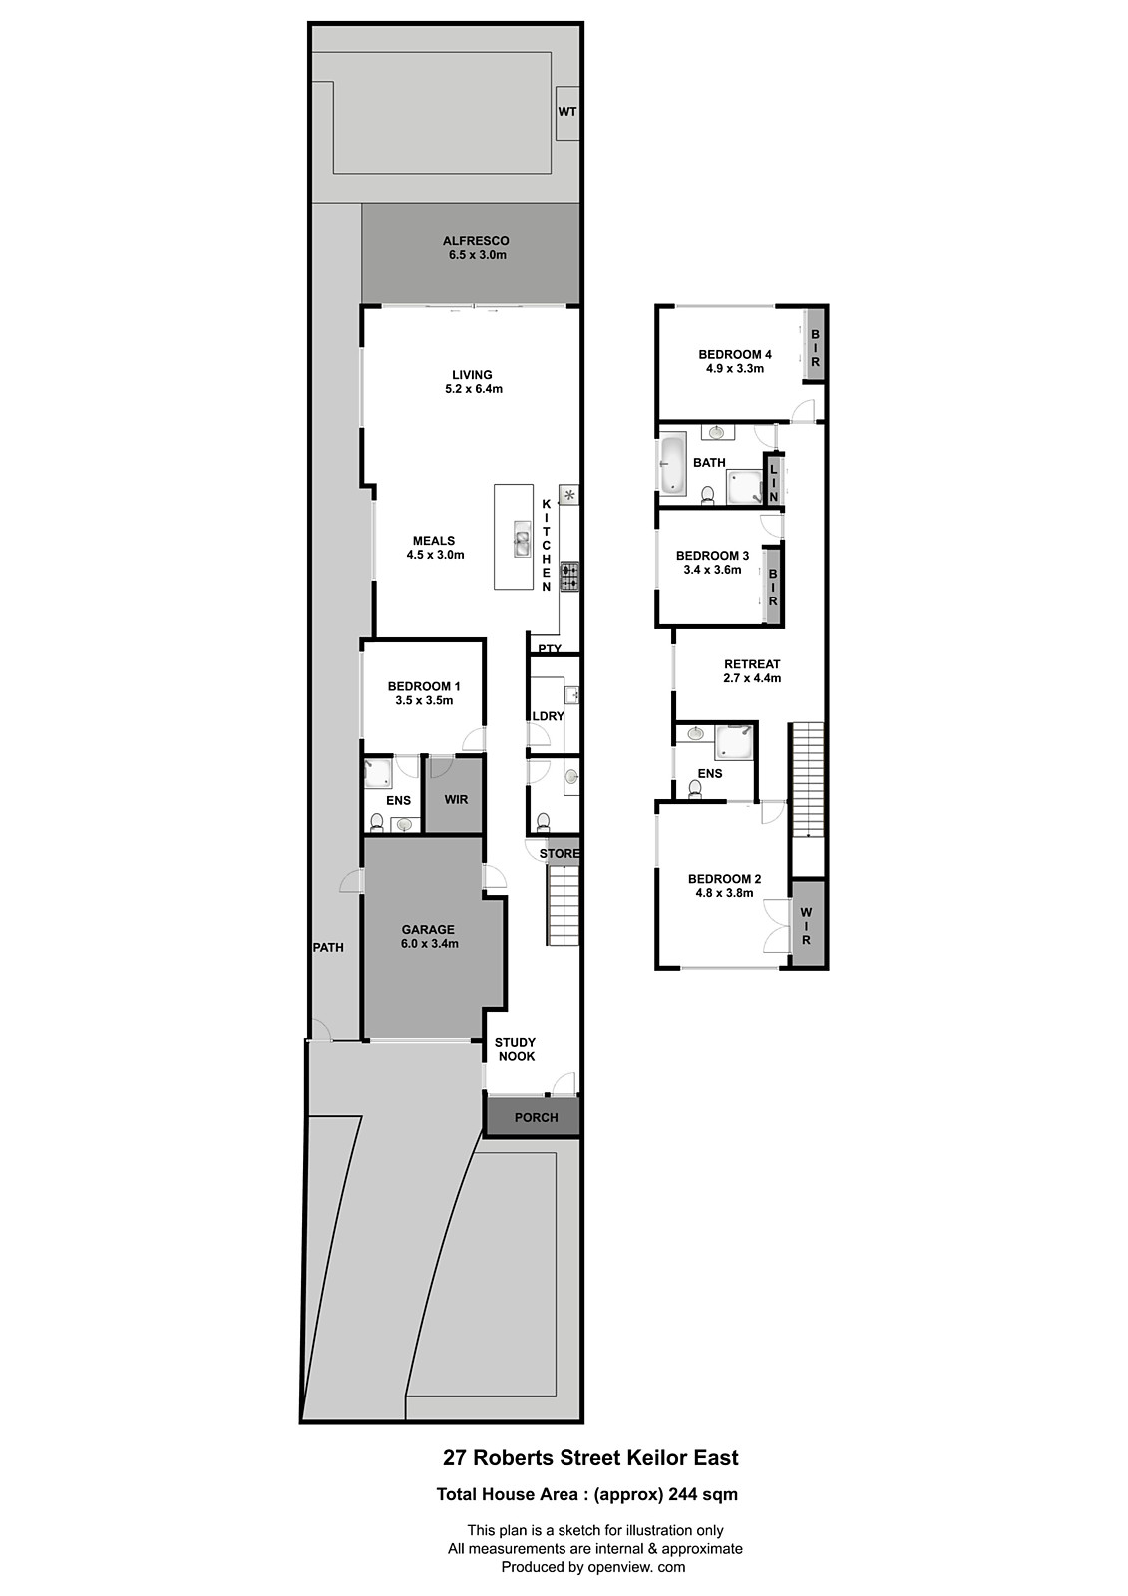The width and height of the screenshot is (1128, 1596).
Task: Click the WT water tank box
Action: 567,113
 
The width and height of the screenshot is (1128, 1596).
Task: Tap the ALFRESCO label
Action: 476,241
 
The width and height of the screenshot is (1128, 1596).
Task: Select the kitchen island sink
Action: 522,539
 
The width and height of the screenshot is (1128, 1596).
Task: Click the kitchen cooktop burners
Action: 569,577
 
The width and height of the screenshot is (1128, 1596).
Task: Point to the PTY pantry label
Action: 550,649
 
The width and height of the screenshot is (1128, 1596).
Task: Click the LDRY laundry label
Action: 548,716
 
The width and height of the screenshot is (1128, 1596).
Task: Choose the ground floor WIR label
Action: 456,799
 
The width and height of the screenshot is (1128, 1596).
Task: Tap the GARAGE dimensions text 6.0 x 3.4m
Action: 429,944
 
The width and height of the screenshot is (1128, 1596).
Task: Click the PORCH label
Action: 536,1118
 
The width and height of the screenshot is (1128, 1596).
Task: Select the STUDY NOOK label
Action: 516,1049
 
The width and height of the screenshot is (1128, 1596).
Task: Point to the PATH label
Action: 328,947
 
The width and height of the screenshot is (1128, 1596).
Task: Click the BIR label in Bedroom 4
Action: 815,348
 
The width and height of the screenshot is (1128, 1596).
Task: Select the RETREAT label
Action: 752,664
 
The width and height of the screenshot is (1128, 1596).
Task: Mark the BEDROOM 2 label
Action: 724,879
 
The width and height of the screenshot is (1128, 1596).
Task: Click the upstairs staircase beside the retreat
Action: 807,779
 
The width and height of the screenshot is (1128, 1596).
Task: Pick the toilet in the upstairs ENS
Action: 695,789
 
